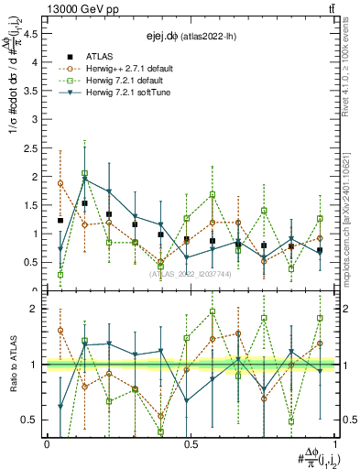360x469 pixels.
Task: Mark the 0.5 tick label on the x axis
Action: click(191, 444)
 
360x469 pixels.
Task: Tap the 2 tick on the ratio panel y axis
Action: click(37, 309)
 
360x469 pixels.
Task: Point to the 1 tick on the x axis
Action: click(333, 444)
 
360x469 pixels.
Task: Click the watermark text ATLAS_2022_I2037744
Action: click(191, 273)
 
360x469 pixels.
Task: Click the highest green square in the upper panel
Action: click(84, 173)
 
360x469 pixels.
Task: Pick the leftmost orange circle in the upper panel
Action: click(60, 183)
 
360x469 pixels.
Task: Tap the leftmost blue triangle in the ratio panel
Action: click(60, 406)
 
